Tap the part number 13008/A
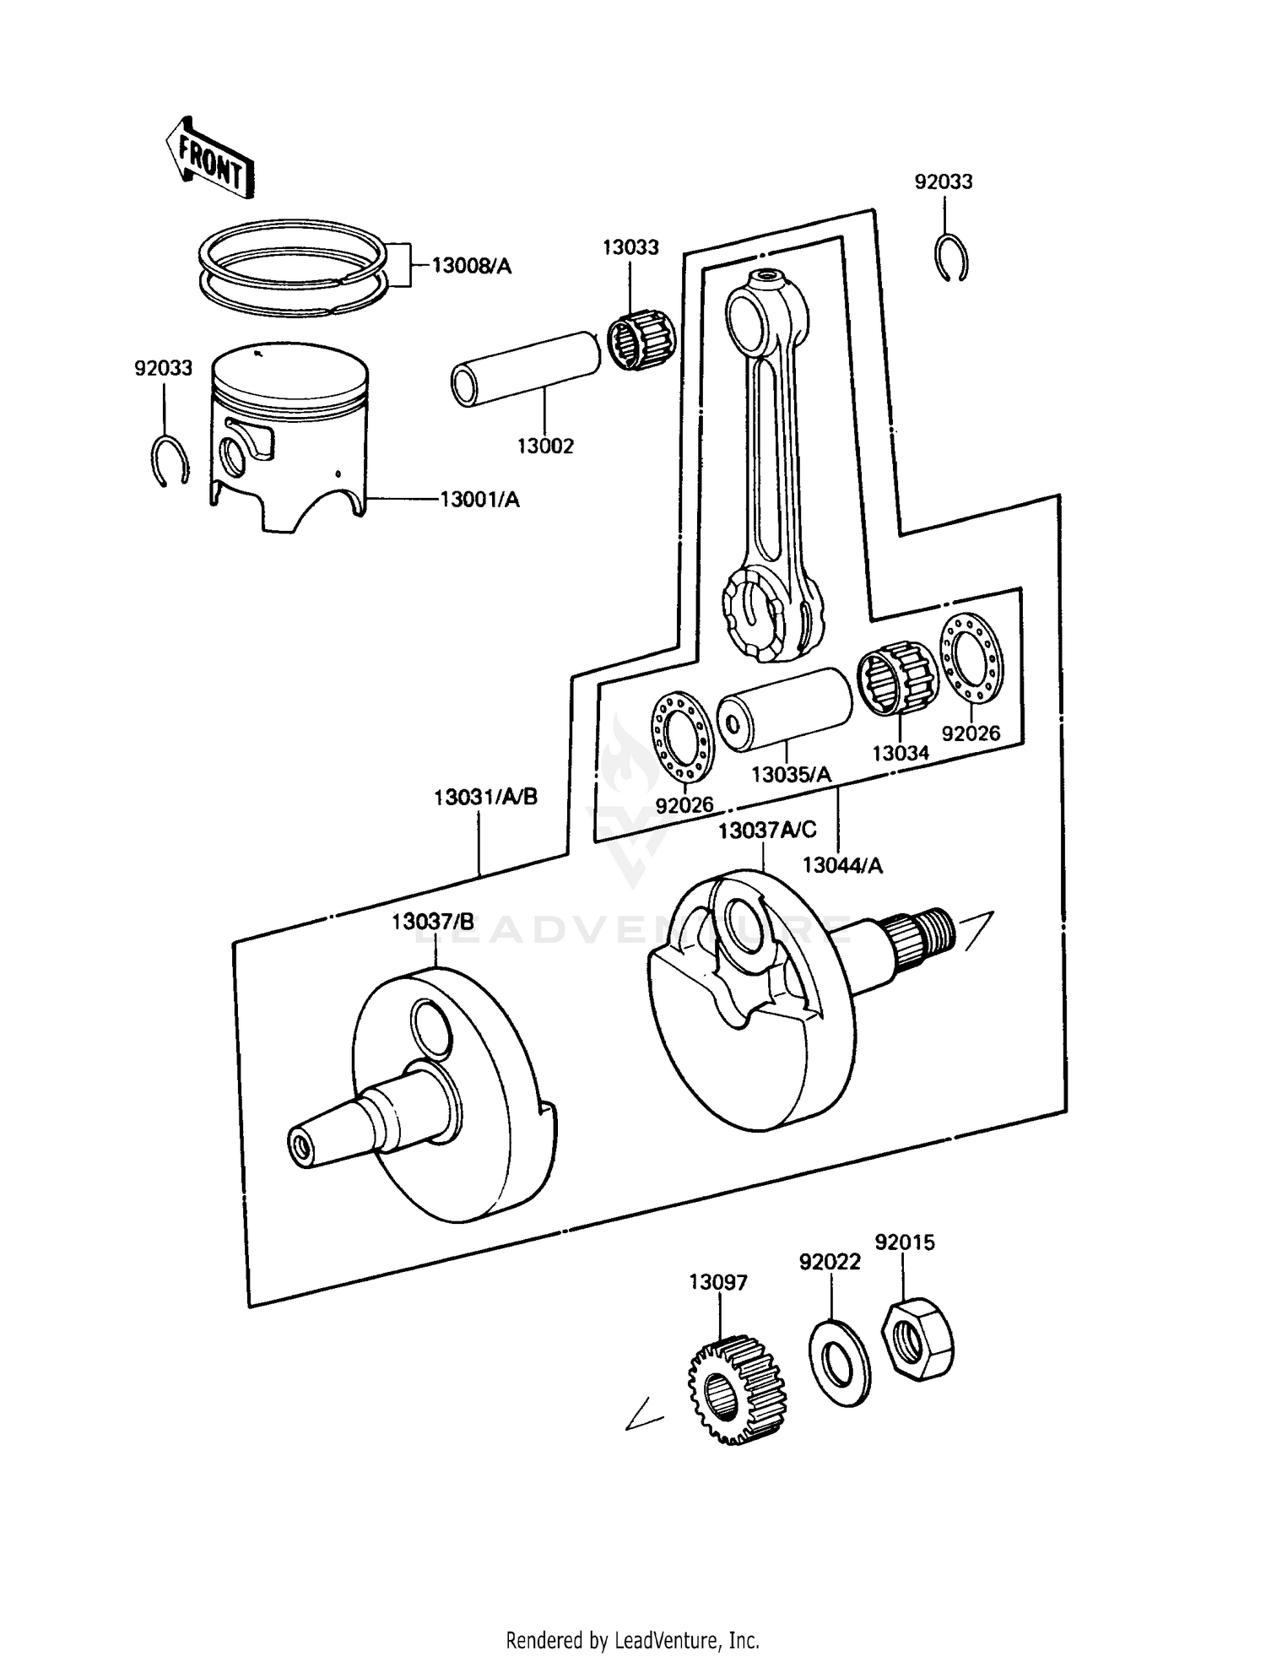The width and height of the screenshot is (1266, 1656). (471, 266)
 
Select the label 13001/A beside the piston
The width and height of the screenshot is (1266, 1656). (479, 500)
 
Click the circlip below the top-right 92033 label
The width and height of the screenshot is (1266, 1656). (953, 258)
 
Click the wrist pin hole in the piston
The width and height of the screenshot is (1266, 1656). (232, 458)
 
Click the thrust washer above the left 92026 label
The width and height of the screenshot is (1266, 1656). (682, 735)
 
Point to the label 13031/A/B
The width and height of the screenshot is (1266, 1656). (485, 797)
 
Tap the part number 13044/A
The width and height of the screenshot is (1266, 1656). (841, 865)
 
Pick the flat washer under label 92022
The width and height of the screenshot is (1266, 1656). (839, 1361)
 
